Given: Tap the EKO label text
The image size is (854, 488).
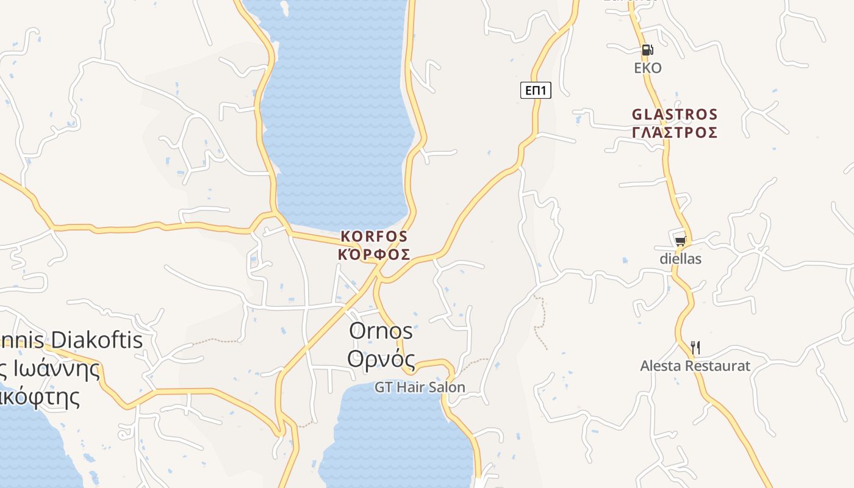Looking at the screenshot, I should pos(648,68).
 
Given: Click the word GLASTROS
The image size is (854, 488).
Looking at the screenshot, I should pos(675,115).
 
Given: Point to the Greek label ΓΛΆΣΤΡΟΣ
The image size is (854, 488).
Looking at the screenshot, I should pos(675,132).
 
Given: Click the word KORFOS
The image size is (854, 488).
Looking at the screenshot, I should pos(374,236).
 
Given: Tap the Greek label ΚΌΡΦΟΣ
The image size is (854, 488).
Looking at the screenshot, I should pos(374,254).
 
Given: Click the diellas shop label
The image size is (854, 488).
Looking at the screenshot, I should pos(681,259).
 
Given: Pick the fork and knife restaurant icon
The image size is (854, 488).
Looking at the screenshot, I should pos(695,348).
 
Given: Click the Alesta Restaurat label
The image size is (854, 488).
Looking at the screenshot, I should pos(695,366).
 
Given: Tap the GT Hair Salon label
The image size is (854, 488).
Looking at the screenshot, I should pos(420,387).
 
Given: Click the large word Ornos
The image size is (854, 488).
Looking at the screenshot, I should pos(381,331).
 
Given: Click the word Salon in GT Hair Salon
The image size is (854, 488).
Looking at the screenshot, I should pos(447,387).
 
